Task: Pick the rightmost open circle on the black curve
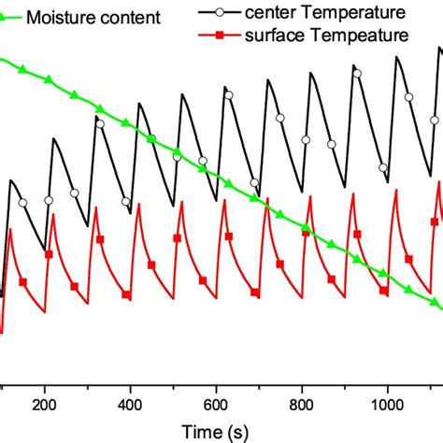434,119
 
